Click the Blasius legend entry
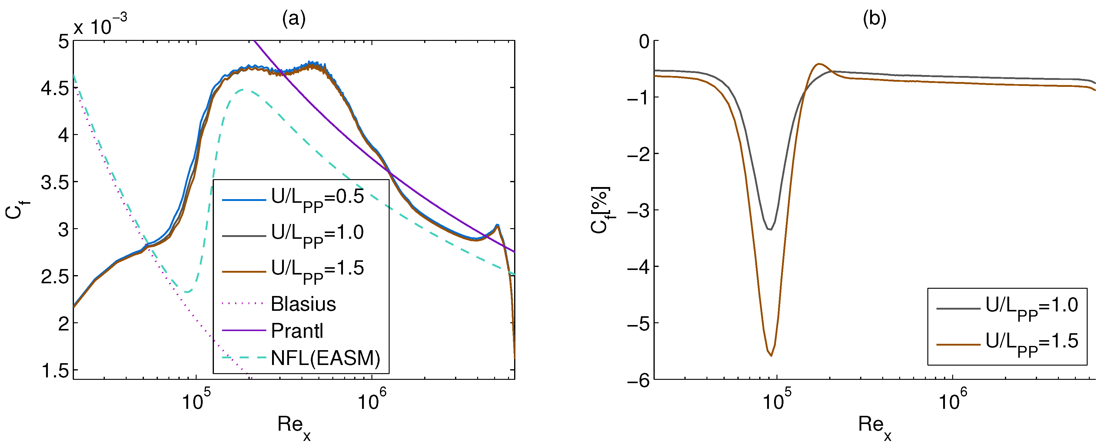click(x=303, y=304)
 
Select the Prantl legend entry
click(x=297, y=331)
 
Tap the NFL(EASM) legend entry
click(x=325, y=358)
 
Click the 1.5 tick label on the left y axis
click(x=55, y=370)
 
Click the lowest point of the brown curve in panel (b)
click(x=771, y=355)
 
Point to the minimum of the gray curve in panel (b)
click(x=770, y=229)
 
